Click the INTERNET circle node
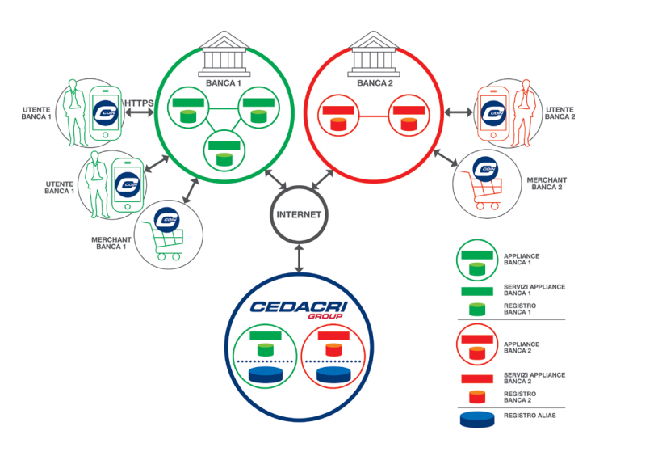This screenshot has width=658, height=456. (299, 215)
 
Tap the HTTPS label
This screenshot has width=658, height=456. (139, 102)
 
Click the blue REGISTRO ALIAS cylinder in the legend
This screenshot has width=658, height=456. (476, 420)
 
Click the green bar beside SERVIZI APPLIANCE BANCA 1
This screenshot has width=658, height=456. (476, 291)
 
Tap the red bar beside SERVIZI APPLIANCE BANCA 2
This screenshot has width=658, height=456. (476, 378)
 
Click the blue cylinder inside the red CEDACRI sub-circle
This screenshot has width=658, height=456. (333, 375)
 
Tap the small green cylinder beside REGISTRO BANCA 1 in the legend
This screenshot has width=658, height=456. (476, 309)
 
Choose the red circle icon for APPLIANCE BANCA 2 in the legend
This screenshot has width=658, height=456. (476, 347)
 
